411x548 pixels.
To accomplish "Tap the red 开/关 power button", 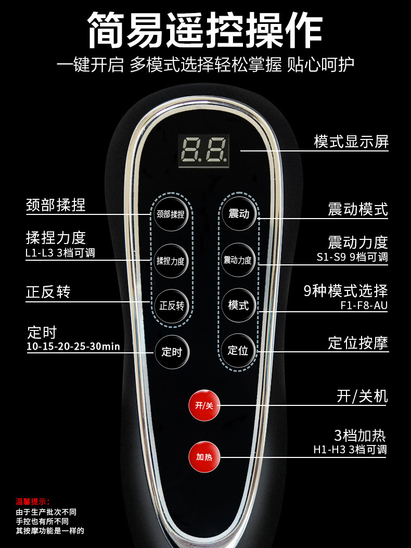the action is click(204, 405).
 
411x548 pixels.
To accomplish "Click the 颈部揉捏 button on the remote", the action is click(171, 213).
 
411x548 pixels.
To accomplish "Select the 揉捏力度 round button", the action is click(171, 261).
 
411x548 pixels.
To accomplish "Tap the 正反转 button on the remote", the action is click(171, 305).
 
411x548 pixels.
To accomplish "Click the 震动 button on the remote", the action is click(239, 213).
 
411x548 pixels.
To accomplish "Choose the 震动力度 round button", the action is click(238, 260).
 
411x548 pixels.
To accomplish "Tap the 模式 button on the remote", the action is click(238, 305).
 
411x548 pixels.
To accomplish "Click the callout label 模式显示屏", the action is click(351, 141).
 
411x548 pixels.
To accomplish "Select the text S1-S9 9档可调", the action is click(352, 257).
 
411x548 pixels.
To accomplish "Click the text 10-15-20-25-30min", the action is click(73, 347).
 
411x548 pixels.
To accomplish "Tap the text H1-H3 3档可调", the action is click(350, 450).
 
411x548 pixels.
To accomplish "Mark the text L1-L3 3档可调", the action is click(60, 253).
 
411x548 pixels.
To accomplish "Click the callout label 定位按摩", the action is click(358, 343).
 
